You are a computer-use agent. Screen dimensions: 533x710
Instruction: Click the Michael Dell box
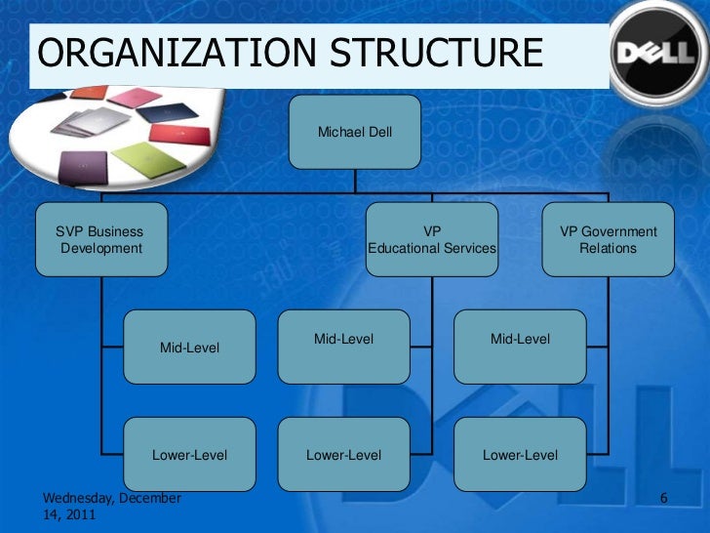coord(355,132)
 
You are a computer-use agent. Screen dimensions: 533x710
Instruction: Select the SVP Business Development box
coord(101,240)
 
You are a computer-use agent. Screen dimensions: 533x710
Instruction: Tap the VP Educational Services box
coord(432,240)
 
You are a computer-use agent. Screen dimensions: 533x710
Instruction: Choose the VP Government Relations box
coord(608,240)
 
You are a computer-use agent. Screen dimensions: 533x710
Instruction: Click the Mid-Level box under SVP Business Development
coord(190,348)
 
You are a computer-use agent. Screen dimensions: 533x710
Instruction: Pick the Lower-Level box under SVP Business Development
coord(190,455)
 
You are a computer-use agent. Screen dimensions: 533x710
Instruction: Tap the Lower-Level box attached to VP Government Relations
coord(521,455)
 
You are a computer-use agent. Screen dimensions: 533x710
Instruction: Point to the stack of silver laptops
coord(83,127)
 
